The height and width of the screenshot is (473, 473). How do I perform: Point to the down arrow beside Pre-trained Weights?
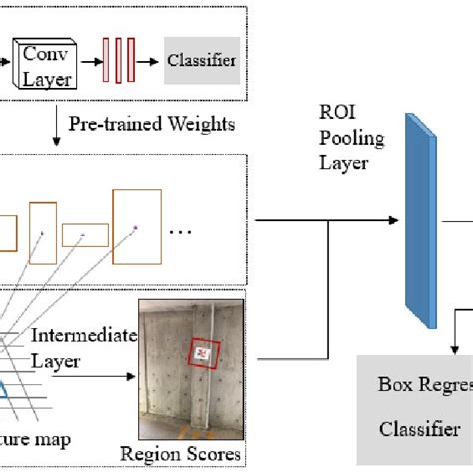[x=54, y=124]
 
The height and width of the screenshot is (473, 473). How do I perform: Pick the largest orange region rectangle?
[x=136, y=228]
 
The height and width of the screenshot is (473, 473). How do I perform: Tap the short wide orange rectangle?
[x=85, y=236]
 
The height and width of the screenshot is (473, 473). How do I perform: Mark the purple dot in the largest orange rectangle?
[x=135, y=228]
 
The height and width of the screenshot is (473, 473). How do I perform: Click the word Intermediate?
[x=82, y=336]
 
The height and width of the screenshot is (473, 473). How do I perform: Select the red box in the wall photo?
[x=204, y=354]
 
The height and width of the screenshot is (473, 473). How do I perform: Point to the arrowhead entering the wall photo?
[x=132, y=377]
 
